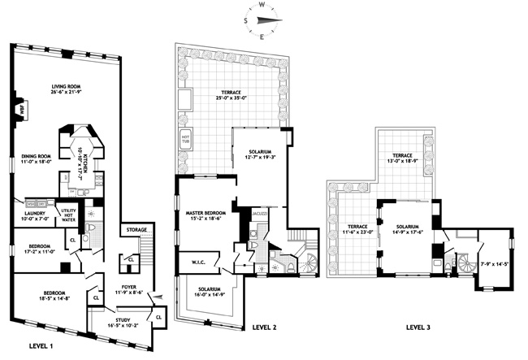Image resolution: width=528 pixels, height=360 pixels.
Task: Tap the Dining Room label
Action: point(37,157)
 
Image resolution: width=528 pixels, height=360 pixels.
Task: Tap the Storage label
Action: point(136,230)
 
